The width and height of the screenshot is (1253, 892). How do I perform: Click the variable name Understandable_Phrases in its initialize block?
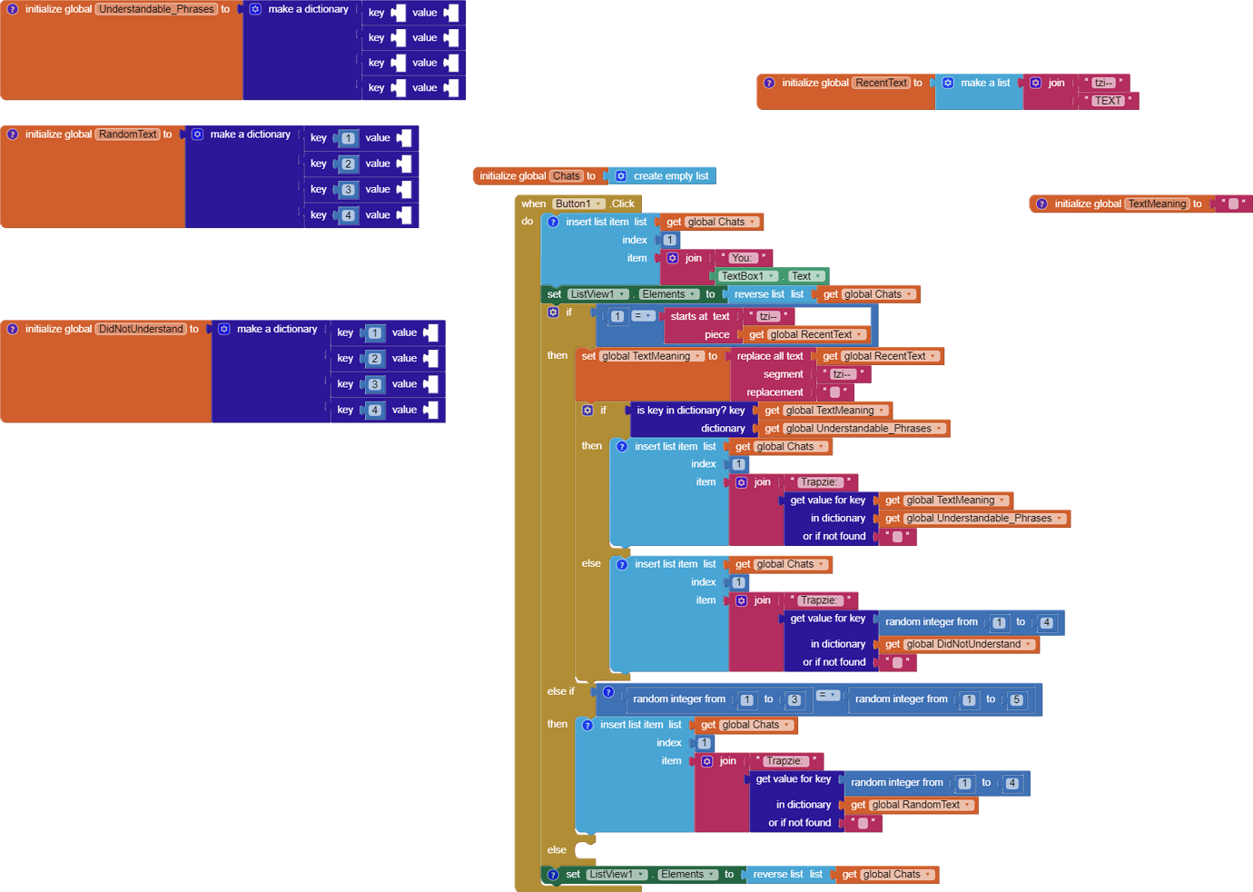point(156,9)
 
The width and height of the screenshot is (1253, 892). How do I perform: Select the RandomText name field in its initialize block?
point(128,134)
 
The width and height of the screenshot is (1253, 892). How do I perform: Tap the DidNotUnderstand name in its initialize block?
point(141,329)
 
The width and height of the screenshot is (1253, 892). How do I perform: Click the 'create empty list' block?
point(670,176)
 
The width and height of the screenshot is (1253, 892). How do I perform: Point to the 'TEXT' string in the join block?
point(1108,101)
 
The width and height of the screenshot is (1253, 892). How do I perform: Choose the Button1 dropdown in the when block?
point(578,203)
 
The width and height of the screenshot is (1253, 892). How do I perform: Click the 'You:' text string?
point(742,258)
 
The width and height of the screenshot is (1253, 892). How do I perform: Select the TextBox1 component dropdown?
point(747,276)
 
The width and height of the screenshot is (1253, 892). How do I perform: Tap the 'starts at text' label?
point(699,316)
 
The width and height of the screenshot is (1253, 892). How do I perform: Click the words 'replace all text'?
point(770,356)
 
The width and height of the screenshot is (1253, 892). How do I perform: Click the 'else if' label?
point(560,691)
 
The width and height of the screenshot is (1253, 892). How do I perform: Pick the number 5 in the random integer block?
point(1016,699)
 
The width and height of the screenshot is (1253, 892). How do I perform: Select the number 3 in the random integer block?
point(794,699)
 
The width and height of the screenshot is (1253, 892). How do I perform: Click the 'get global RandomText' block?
point(911,805)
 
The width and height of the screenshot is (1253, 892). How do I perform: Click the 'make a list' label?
point(985,83)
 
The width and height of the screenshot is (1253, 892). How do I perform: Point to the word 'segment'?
point(783,374)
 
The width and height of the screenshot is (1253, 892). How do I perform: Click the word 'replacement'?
point(774,392)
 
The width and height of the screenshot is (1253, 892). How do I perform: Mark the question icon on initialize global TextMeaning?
point(1041,203)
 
